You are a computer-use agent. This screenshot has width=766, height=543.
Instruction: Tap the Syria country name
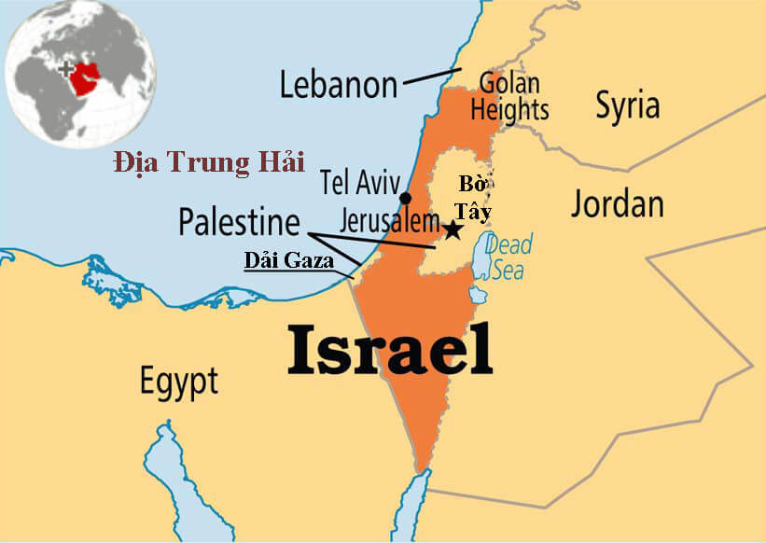coord(627,104)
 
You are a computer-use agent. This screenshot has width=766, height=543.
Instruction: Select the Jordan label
coord(617,202)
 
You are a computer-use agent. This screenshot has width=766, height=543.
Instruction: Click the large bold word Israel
coord(389,350)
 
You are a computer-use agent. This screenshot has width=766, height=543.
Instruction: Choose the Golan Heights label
coord(509,96)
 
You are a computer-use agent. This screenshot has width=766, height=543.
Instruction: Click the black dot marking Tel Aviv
coord(405,198)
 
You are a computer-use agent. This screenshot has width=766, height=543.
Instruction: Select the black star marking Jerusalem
coord(453,229)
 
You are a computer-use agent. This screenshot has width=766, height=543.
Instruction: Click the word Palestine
coord(240,222)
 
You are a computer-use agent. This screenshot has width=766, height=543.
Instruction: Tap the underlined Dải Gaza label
coord(289,260)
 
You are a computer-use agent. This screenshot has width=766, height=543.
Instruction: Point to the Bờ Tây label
coord(475,197)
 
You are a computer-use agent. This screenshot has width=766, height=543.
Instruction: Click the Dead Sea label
coord(508,258)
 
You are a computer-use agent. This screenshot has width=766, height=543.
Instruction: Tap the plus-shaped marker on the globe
coord(64,69)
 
